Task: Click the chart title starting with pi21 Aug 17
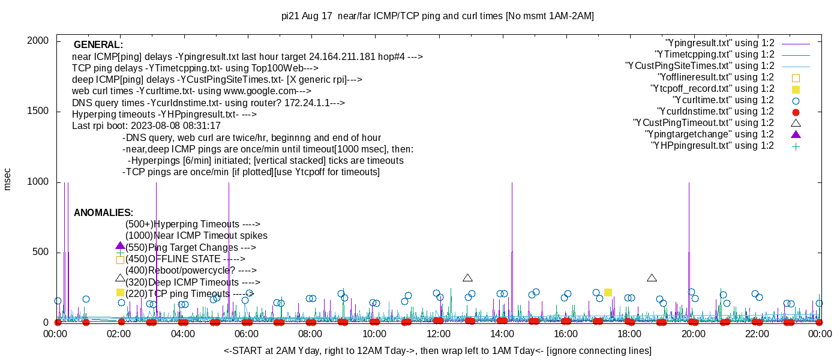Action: point(437,16)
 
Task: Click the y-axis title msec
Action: point(8,179)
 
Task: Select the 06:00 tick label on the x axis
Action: point(247,334)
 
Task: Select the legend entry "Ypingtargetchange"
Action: point(709,134)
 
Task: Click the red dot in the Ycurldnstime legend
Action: point(796,112)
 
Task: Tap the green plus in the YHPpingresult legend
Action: point(796,146)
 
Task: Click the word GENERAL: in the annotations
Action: point(98,45)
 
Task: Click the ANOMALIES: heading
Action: point(103,213)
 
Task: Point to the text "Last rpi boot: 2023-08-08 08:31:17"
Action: point(146,126)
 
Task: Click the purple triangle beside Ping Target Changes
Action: point(120,246)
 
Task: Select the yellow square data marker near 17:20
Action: point(608,292)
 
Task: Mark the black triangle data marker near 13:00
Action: point(468,278)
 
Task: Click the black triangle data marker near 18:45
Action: point(652,278)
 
